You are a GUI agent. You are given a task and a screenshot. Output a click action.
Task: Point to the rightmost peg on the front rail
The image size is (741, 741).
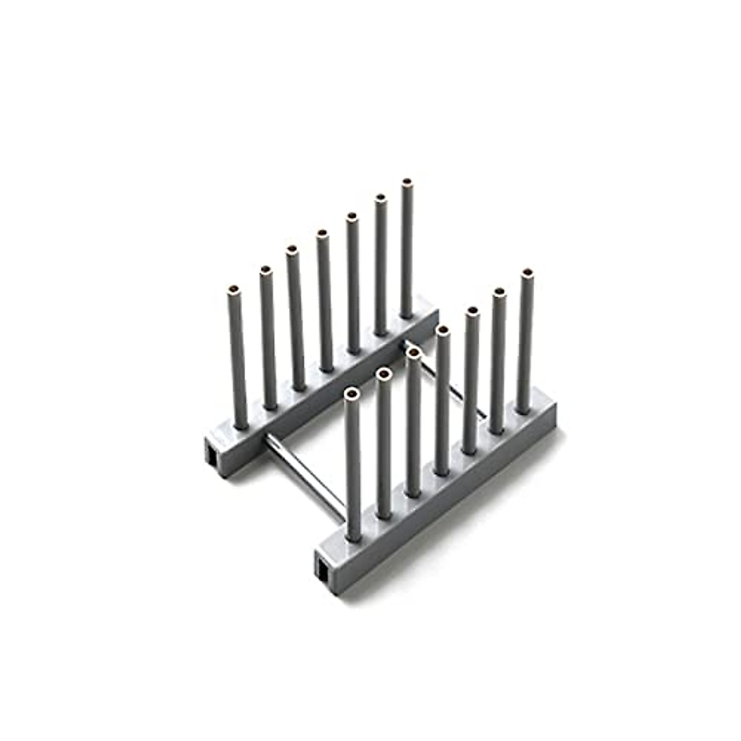tap(525, 340)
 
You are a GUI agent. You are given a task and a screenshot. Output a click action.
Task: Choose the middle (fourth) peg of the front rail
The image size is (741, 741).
tap(441, 401)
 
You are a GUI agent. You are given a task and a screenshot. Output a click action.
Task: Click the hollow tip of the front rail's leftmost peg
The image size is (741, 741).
tap(352, 393)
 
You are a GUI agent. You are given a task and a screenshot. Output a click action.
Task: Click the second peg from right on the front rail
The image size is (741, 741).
tap(498, 358)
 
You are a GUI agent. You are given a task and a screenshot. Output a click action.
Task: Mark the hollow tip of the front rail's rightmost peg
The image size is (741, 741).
tap(527, 272)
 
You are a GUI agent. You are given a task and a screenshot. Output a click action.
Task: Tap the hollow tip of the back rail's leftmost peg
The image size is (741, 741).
tap(234, 288)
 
